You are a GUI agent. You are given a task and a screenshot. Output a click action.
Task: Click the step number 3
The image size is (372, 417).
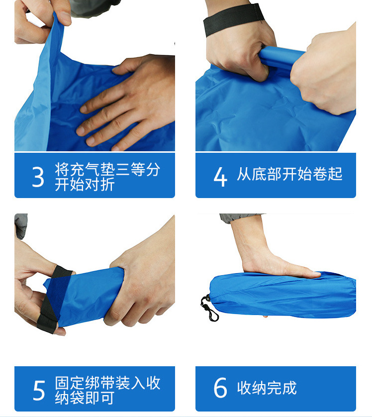(x=38, y=177)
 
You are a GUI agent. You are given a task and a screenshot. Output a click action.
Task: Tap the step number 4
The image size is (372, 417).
(x=220, y=177)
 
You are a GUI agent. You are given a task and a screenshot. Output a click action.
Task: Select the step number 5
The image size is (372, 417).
(x=39, y=390)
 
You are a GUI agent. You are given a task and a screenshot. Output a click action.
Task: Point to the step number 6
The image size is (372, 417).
(x=220, y=388)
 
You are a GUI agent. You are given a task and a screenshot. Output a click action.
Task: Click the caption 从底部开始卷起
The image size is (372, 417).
(x=289, y=174)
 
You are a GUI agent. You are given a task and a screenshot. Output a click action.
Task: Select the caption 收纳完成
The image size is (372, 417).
(x=267, y=388)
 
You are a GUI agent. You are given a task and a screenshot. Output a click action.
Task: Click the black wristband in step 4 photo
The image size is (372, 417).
(x=234, y=19)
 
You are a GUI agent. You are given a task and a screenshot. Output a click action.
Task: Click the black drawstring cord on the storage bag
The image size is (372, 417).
(x=209, y=308)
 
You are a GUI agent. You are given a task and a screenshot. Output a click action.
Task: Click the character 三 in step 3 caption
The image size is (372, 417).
(x=123, y=170)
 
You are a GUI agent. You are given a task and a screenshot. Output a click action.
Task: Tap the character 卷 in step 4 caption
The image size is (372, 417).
(x=320, y=174)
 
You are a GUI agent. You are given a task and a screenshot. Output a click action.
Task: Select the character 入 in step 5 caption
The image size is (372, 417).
(x=138, y=383)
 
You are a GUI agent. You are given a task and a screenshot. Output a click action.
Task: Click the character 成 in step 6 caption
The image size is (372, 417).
(x=289, y=388)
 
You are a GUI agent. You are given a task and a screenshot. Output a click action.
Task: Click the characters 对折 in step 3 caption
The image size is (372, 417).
(x=100, y=185)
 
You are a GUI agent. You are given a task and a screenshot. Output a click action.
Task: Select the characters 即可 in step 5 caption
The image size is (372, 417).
(x=100, y=398)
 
